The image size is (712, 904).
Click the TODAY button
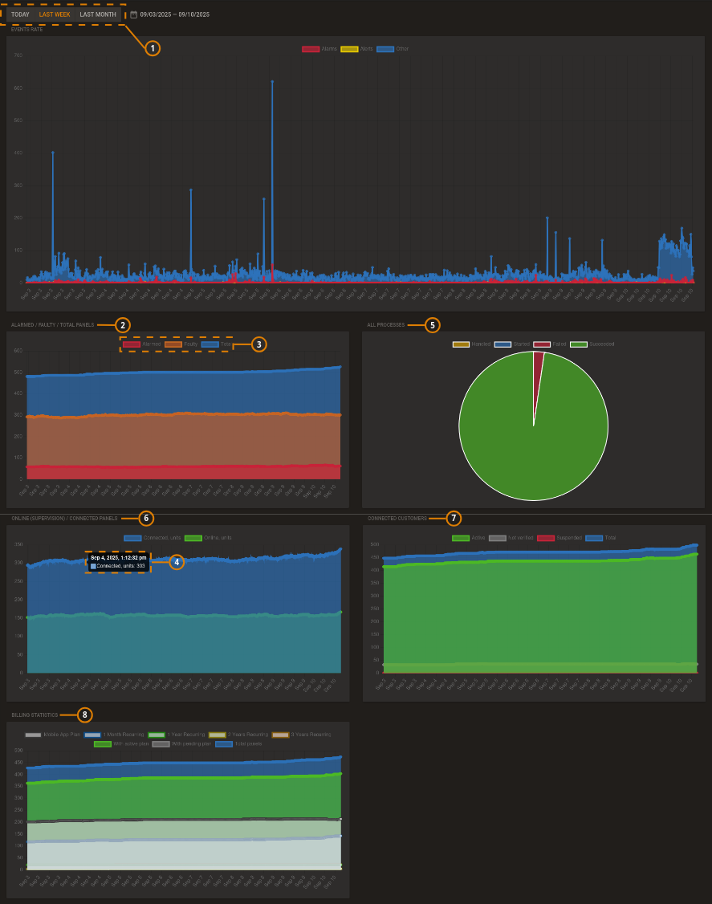20,14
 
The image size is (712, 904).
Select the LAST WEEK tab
55,14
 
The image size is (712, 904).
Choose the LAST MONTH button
98,14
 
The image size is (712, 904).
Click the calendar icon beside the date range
134,14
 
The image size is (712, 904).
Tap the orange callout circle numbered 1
153,48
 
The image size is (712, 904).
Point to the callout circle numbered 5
433,325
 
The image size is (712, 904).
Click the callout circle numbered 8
85,715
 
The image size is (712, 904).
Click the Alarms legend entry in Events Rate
319,49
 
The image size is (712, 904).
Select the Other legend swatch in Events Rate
385,49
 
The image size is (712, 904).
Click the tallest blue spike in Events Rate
272,82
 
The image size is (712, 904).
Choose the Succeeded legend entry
592,344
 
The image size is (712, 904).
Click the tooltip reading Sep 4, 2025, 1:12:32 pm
118,561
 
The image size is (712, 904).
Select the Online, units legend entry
208,538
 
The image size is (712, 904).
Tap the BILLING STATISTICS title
35,715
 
